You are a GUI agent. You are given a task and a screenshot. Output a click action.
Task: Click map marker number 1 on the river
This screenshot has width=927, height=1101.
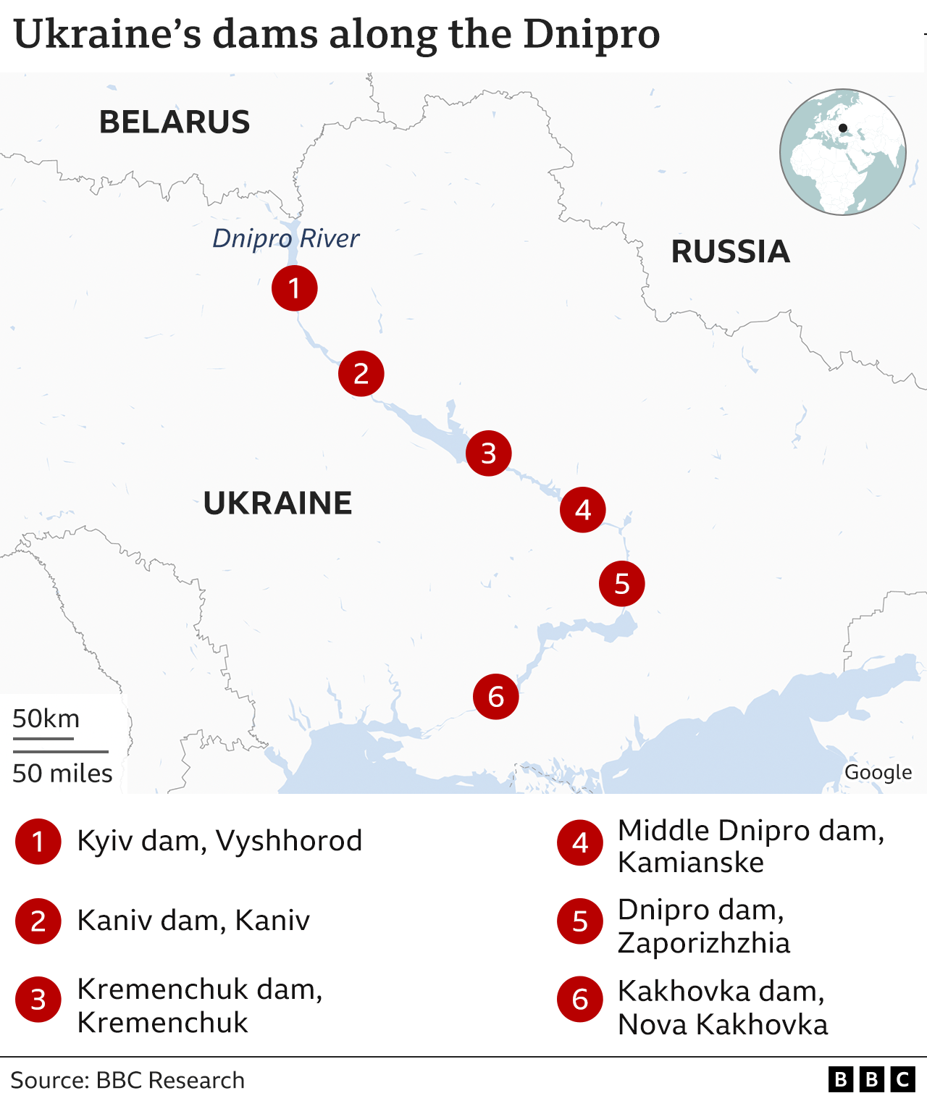tap(294, 288)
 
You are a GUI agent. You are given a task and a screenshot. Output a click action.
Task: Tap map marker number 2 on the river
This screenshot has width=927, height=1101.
tap(361, 374)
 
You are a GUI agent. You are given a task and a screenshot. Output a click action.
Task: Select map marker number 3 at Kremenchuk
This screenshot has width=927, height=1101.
tap(488, 453)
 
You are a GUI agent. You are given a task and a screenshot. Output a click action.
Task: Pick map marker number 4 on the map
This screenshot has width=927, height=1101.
tap(582, 510)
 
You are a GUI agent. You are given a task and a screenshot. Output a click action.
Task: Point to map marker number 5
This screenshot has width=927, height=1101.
tap(621, 584)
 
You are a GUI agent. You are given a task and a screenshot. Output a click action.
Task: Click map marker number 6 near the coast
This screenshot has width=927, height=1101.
tap(495, 697)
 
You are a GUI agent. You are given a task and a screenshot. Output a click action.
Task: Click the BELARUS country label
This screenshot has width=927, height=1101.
tap(175, 122)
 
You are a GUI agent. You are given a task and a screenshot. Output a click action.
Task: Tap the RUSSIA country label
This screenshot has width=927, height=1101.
tap(730, 251)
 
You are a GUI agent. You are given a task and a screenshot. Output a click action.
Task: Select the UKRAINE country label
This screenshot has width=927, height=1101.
tap(277, 503)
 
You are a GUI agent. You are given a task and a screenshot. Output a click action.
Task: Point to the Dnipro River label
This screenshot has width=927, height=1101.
tap(285, 238)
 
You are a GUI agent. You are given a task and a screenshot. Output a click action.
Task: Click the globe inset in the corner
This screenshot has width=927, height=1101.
tap(842, 152)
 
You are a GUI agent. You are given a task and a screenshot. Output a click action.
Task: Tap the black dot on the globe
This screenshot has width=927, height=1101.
tap(842, 128)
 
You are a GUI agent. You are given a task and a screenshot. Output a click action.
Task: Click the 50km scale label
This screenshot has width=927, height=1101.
tap(46, 719)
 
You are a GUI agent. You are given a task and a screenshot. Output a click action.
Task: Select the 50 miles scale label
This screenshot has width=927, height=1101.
tap(62, 773)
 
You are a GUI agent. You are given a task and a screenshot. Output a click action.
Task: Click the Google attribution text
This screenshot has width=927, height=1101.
tap(878, 772)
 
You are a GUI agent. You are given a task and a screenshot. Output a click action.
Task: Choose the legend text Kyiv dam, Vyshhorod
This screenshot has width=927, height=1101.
tap(219, 841)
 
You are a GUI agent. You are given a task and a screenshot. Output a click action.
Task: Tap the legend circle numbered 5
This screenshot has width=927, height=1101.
tap(579, 921)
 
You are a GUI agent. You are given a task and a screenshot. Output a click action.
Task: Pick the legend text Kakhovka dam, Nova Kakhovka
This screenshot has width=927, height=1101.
tap(722, 1008)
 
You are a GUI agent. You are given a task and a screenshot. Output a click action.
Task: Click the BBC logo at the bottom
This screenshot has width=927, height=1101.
tap(871, 1080)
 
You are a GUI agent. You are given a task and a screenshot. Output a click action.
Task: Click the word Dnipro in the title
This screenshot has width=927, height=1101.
tap(591, 34)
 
